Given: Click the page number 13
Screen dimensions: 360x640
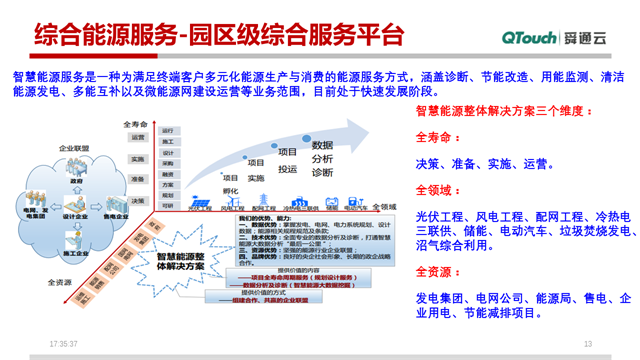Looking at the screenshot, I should point(588,343).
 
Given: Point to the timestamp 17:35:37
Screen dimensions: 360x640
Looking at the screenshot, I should point(65,343).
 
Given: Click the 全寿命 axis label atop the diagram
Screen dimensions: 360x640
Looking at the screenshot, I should point(136,123).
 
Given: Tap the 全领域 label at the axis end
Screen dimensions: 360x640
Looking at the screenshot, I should point(384,206).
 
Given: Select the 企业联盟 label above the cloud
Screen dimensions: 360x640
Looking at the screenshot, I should point(74,148).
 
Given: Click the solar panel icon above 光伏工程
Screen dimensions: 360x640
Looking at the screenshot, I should point(196,201).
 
